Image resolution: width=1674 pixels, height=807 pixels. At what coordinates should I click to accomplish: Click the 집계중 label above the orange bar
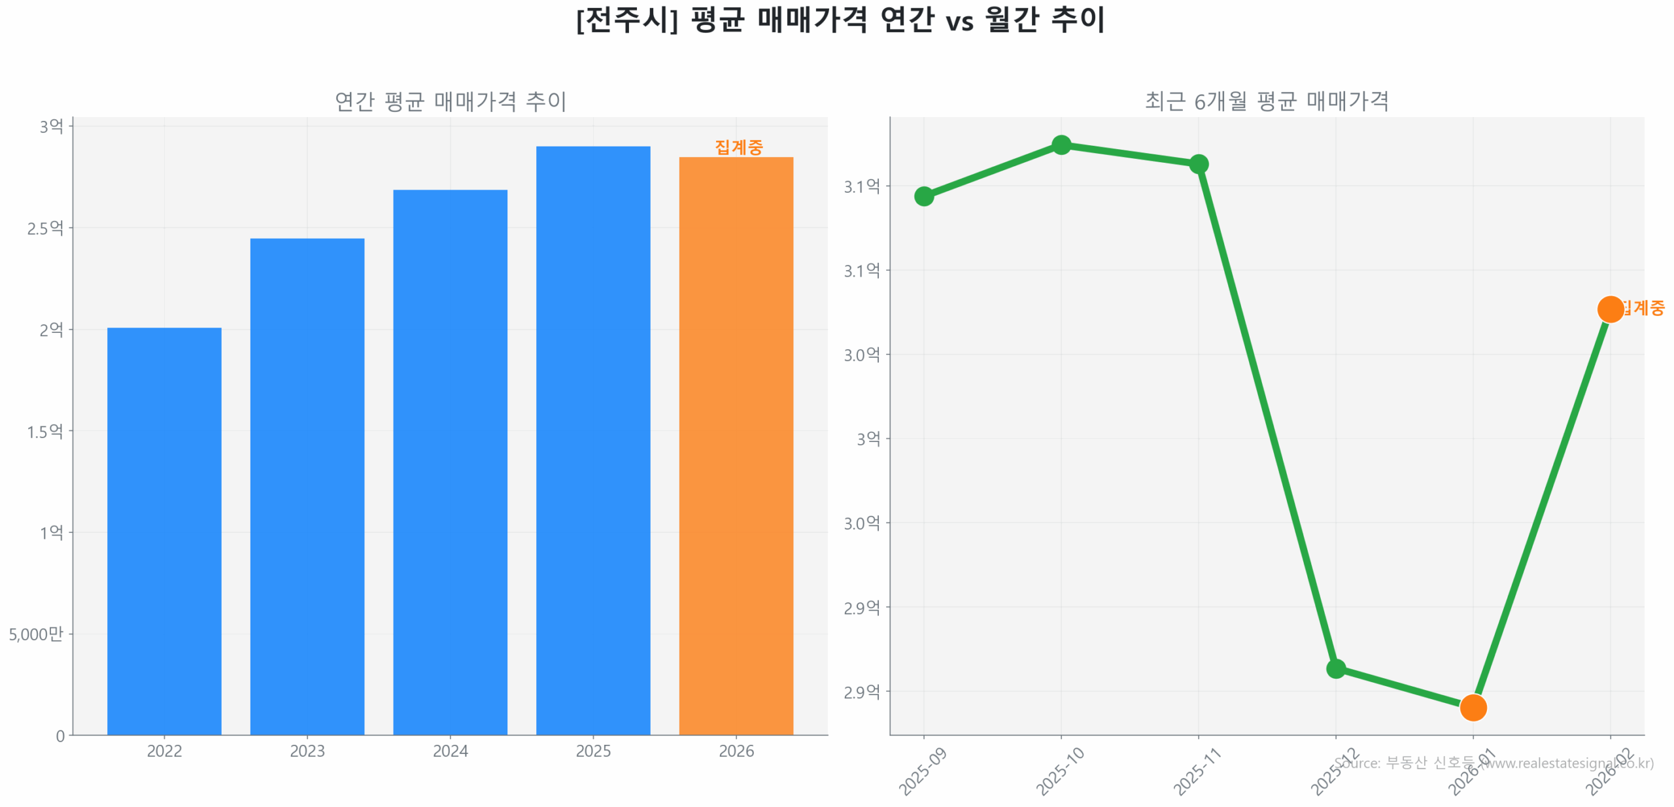[738, 147]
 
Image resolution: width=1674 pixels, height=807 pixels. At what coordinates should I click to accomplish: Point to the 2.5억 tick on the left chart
[45, 228]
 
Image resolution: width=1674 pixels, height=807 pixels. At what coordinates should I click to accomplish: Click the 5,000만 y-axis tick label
[36, 634]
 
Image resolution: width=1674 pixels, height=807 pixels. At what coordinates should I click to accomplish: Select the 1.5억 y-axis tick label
[45, 431]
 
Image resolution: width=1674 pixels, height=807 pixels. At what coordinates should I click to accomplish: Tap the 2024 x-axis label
[450, 751]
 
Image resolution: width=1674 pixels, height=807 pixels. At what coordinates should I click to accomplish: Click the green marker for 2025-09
[923, 196]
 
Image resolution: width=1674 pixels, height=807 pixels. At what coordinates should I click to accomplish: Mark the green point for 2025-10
[1061, 145]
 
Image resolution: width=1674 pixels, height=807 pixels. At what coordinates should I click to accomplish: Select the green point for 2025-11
[1198, 163]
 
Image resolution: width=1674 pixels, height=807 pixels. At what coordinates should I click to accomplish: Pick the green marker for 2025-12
[1335, 668]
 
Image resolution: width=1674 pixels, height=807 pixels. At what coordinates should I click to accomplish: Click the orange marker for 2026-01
[1473, 707]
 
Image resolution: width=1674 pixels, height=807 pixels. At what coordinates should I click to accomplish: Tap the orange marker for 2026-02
[1609, 309]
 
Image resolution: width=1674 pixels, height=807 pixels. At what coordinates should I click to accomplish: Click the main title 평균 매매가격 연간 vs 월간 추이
[840, 20]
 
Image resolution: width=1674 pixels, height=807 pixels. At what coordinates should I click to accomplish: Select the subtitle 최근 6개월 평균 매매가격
[1266, 101]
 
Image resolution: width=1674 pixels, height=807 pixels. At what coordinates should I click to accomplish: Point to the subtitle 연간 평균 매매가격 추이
[450, 101]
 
